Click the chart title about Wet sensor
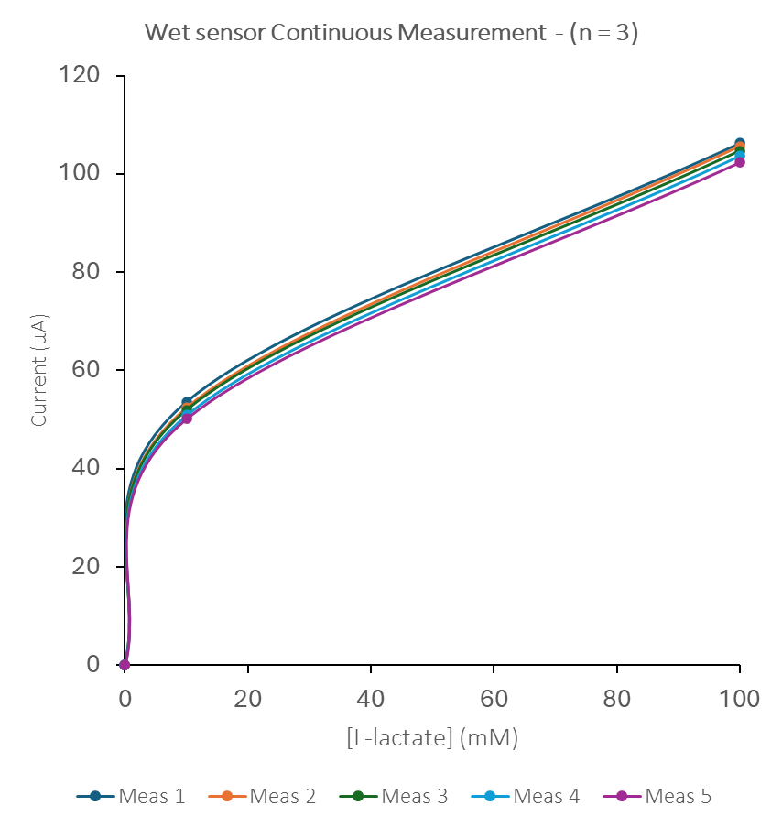coord(391,34)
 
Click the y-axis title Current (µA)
coord(39,370)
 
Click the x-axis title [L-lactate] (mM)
coord(432,738)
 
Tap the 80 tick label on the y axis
coord(86,272)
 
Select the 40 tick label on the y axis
coord(86,468)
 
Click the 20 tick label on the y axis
coord(86,566)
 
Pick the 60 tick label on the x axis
coord(494,699)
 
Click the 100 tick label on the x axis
coord(739,699)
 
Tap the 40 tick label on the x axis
coord(370,699)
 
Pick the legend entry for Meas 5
coord(657,796)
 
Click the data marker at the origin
coord(125,664)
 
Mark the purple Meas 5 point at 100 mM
coord(740,162)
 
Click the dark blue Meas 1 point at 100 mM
coord(740,143)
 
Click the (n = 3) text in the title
coord(603,34)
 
